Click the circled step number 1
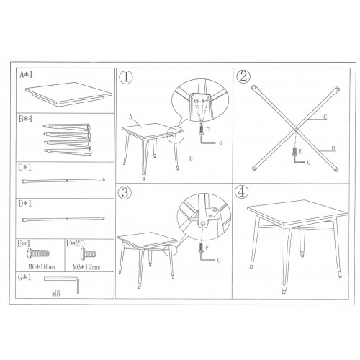(x=127, y=76)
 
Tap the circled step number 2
(x=243, y=76)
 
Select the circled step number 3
(x=127, y=192)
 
